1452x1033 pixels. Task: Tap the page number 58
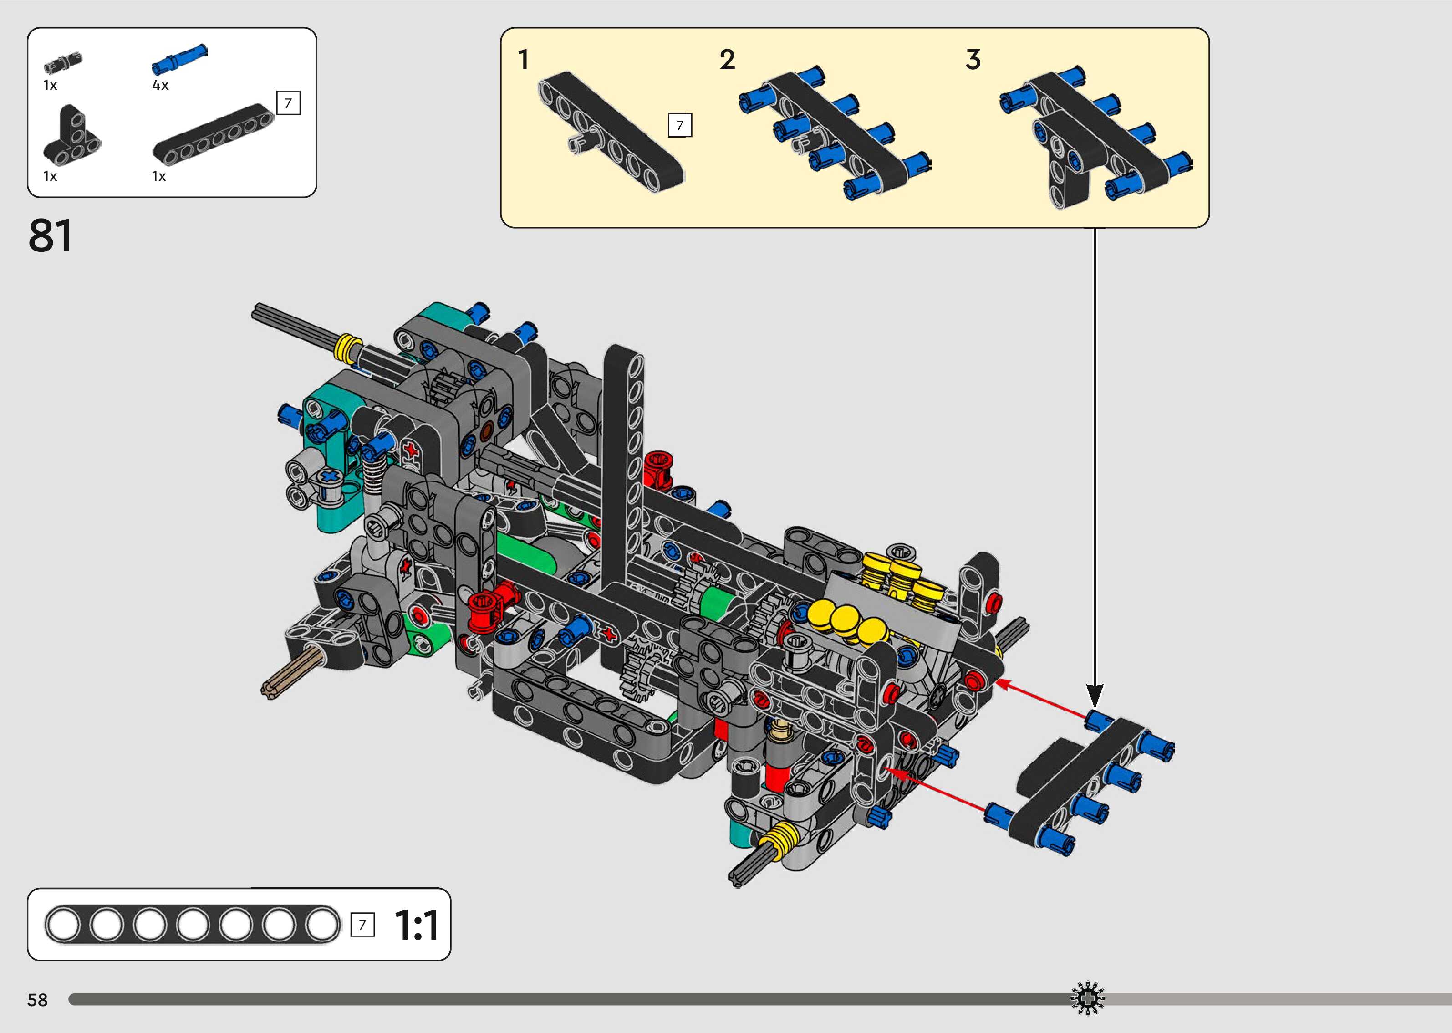[37, 1000]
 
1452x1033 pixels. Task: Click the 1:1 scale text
[417, 926]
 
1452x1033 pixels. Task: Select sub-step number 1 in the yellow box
[523, 60]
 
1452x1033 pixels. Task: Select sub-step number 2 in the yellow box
[727, 60]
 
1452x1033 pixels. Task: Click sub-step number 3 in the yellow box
[973, 60]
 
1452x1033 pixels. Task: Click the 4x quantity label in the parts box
[160, 85]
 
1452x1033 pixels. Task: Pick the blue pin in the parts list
[179, 58]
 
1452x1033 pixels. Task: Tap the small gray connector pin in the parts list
[63, 63]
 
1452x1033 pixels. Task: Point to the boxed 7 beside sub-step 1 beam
[680, 125]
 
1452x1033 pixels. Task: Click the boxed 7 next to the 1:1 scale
[362, 925]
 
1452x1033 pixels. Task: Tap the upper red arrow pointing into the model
[1043, 700]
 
